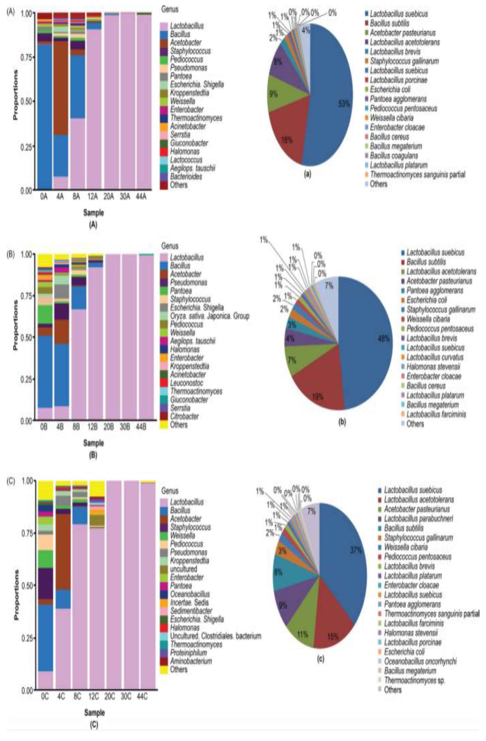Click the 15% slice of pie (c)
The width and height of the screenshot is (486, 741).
pyautogui.click(x=331, y=620)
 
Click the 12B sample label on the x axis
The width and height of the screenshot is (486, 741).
pyautogui.click(x=93, y=427)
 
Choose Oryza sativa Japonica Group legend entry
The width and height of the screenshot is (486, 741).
pyautogui.click(x=209, y=316)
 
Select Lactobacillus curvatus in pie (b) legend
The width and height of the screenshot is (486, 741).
pyautogui.click(x=435, y=357)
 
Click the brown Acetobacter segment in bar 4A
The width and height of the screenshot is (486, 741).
pyautogui.click(x=60, y=87)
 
